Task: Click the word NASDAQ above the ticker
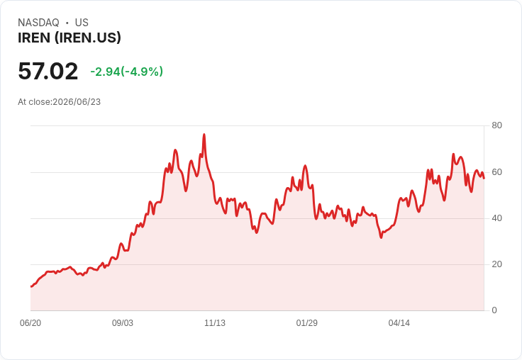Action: (38, 23)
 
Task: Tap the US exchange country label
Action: (82, 23)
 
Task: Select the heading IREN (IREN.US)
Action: (70, 38)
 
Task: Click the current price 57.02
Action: (48, 71)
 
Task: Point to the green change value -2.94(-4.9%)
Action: (126, 72)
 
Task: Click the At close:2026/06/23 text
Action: (60, 102)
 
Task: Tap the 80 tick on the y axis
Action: (496, 125)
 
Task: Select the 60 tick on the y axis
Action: (496, 172)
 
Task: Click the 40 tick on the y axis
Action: (496, 218)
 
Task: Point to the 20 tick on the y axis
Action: (496, 264)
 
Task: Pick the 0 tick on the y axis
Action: (494, 310)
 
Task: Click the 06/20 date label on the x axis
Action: (30, 323)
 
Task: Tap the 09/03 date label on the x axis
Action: (123, 323)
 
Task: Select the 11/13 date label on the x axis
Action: (215, 323)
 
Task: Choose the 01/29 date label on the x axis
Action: (307, 323)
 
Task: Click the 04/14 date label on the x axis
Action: (399, 323)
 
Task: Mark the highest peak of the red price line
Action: (204, 135)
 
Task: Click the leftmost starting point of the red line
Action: (31, 286)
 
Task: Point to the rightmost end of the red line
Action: (484, 179)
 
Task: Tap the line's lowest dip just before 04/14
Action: (381, 237)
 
